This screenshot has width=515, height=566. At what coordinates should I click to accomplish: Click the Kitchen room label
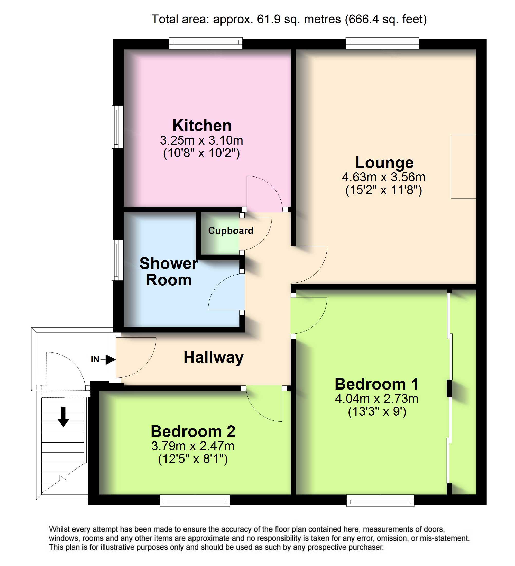coord(202,126)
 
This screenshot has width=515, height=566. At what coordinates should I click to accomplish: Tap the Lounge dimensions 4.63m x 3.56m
coord(383,177)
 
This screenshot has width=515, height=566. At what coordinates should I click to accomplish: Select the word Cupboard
coord(231,231)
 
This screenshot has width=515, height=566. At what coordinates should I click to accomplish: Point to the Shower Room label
coord(169,271)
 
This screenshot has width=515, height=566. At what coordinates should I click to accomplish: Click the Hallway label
coord(214,358)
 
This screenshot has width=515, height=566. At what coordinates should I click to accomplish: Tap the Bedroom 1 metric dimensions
coord(377,399)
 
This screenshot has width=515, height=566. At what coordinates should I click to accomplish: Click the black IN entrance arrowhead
coord(111,360)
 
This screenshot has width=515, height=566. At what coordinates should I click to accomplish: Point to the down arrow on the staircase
coord(63,417)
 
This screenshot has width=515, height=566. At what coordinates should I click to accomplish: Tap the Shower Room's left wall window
coord(117,260)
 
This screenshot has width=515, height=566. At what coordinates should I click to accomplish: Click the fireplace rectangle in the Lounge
coord(463,166)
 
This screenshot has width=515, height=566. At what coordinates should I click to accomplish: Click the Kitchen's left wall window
coord(117,127)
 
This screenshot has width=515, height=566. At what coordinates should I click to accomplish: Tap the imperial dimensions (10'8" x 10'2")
coord(201,153)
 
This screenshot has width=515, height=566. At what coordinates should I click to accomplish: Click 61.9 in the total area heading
coord(269,19)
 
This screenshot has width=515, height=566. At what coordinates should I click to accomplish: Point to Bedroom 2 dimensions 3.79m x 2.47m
coord(193,446)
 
